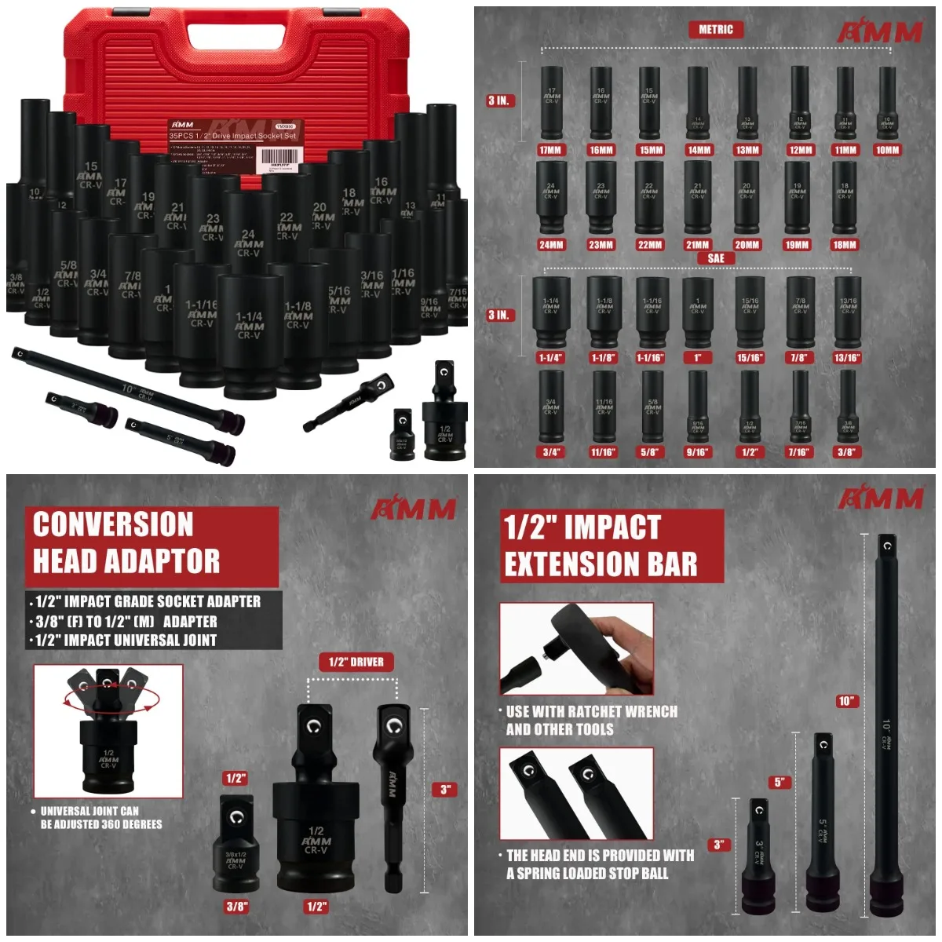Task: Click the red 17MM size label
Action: [550, 150]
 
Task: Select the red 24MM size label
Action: [551, 245]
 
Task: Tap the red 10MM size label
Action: [887, 150]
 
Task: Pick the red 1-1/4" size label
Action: [550, 358]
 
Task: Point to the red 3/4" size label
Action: [551, 452]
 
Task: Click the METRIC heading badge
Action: [716, 30]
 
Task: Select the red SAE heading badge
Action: [716, 258]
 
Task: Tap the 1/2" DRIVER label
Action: [356, 662]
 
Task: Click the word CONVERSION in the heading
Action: [113, 524]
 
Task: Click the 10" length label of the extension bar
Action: [846, 701]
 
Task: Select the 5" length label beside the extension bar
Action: [780, 782]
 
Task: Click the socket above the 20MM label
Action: [747, 197]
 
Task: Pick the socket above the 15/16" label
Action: [750, 312]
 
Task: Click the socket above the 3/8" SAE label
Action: [847, 407]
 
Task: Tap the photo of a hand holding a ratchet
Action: [577, 648]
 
